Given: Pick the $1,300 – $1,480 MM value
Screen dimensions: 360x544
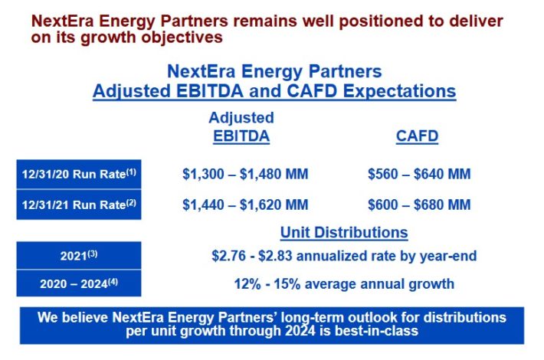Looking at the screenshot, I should coord(245,174).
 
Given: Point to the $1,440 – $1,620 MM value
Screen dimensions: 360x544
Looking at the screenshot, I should coord(245,205).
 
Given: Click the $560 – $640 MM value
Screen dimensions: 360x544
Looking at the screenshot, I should coord(419,174).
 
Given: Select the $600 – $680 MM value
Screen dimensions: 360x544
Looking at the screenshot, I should coord(419,205).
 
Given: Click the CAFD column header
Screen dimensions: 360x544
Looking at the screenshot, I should coord(417,136).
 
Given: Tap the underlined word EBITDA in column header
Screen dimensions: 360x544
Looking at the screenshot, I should coord(241,136).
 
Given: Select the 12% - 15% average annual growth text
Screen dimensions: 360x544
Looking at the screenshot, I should coord(344,283).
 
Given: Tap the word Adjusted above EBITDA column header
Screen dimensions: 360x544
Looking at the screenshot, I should coord(241,117).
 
